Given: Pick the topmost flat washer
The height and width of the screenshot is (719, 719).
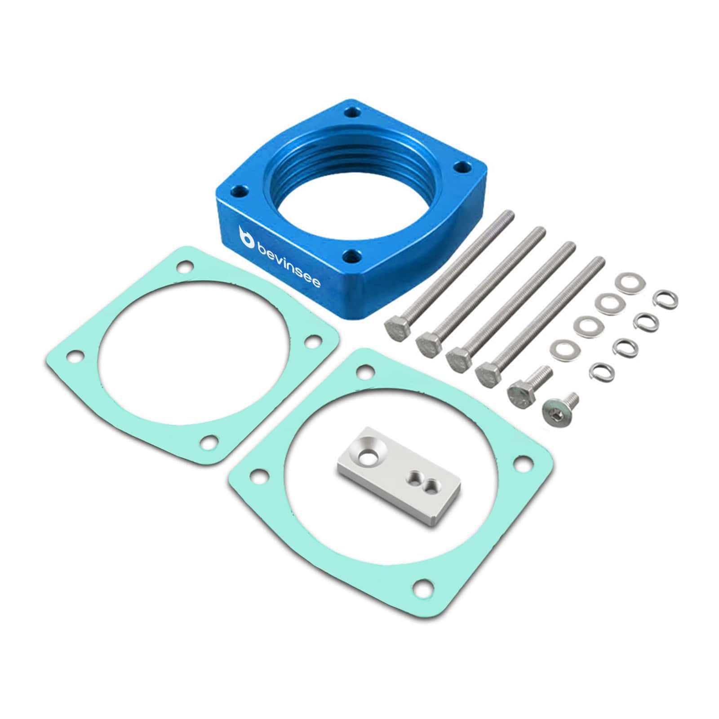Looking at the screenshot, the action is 630,282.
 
